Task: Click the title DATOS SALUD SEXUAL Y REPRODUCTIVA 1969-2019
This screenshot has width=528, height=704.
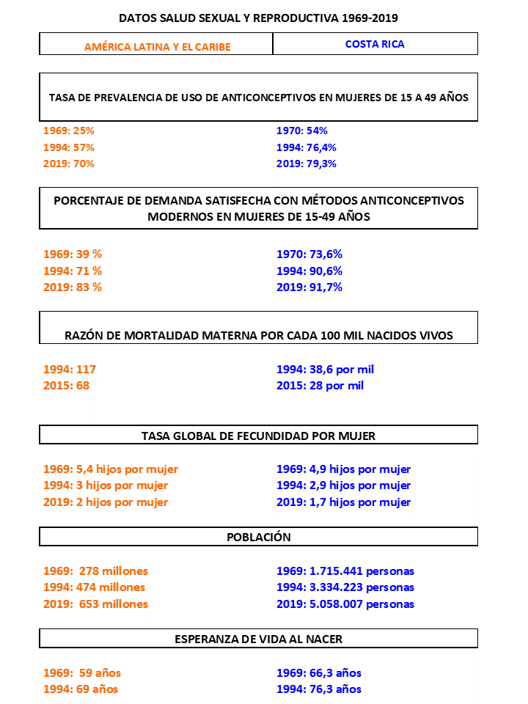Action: (258, 17)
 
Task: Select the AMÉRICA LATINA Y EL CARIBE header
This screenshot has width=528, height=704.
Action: (157, 47)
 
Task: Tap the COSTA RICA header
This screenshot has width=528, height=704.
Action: (375, 44)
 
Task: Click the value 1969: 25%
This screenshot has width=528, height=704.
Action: (69, 131)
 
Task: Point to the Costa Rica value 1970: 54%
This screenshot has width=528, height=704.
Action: (301, 131)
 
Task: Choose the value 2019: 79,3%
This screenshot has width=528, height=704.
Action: (307, 164)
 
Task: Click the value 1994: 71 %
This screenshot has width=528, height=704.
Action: (73, 271)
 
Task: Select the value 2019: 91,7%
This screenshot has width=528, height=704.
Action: (309, 287)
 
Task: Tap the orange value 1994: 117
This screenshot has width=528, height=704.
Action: (70, 370)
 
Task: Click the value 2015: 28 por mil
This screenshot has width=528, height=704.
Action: (320, 386)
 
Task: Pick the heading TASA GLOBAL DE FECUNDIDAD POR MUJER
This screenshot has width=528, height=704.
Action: (258, 436)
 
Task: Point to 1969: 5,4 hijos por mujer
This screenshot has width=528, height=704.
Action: (111, 469)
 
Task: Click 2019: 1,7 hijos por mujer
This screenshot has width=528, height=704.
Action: (343, 502)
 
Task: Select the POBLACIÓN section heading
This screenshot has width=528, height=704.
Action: (258, 538)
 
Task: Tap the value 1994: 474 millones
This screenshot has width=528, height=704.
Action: (94, 587)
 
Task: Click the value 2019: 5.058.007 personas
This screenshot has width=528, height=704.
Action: (345, 604)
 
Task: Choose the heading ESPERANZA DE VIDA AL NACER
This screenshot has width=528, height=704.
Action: (258, 639)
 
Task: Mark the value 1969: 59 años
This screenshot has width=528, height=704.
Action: (82, 673)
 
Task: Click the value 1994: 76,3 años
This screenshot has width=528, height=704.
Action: (318, 689)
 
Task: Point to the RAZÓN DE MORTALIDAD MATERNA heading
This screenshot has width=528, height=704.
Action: (258, 336)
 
